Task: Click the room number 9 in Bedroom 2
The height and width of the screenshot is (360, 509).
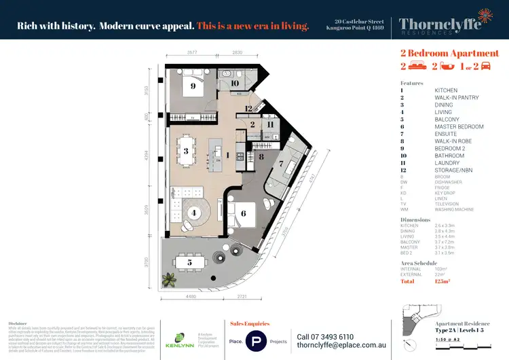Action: (x=193, y=86)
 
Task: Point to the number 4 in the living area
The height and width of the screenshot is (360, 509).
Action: (x=194, y=213)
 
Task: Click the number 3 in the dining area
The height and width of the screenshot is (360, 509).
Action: (x=185, y=151)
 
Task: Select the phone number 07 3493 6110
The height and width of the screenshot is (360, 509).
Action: (x=325, y=337)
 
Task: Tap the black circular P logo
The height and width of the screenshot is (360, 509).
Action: (x=257, y=342)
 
